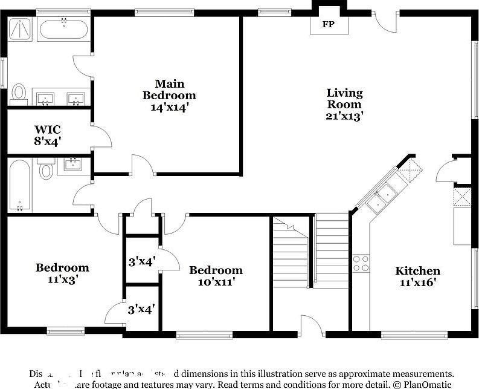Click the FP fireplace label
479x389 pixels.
click(328, 25)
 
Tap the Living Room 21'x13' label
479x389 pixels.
click(345, 105)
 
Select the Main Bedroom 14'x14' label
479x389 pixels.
click(169, 96)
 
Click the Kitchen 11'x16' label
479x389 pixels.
click(417, 276)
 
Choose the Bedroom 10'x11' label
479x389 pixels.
click(216, 275)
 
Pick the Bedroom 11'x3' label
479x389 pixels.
click(62, 273)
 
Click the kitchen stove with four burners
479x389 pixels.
click(361, 263)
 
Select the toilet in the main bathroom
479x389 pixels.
click(19, 94)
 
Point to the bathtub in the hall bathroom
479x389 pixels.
click(20, 185)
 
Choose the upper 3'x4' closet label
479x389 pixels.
click(142, 261)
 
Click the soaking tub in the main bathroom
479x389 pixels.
click(63, 28)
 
